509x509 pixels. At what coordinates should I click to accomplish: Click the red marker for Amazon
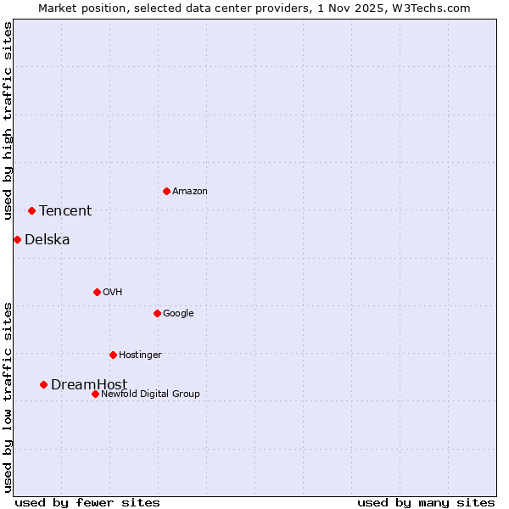point(166,191)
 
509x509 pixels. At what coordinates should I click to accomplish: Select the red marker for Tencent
point(31,210)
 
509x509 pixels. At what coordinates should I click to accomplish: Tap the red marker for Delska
point(17,239)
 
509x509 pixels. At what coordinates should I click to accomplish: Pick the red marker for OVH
point(97,292)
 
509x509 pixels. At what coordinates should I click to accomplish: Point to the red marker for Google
point(157,313)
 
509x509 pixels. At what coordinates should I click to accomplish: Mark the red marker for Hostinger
point(113,355)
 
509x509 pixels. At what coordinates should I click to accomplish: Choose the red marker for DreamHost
point(43,384)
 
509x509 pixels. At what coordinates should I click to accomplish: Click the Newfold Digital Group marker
point(95,394)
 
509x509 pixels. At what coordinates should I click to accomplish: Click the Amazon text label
point(189,192)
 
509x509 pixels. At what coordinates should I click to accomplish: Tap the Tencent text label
point(65,211)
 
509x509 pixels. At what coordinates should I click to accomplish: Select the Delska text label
point(48,240)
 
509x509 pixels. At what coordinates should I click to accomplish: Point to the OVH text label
point(113,293)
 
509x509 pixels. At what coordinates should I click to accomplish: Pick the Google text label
point(178,314)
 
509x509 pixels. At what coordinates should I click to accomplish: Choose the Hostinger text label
point(140,355)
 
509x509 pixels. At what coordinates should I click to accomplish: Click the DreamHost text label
point(89,385)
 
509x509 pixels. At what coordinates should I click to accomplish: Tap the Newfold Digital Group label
point(150,394)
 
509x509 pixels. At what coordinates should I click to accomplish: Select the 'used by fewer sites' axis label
point(87,502)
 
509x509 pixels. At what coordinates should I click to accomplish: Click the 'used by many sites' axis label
point(426,502)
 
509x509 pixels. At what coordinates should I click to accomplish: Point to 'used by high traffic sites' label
point(8,120)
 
